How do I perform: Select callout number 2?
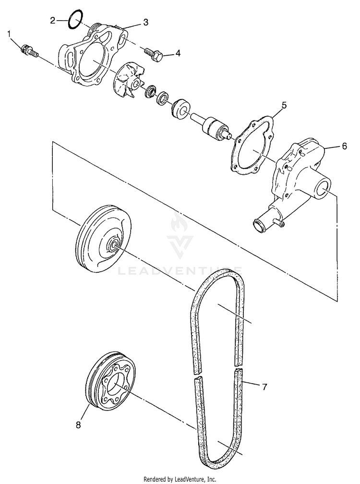tap(53, 20)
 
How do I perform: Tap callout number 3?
tap(145, 23)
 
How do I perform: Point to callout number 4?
tap(178, 53)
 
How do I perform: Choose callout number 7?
tap(264, 386)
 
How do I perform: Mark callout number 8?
tap(78, 424)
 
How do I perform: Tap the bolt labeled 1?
tap(30, 50)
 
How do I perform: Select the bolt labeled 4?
tap(154, 54)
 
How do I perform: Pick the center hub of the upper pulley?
tap(114, 245)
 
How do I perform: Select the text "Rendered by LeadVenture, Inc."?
tap(180, 479)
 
